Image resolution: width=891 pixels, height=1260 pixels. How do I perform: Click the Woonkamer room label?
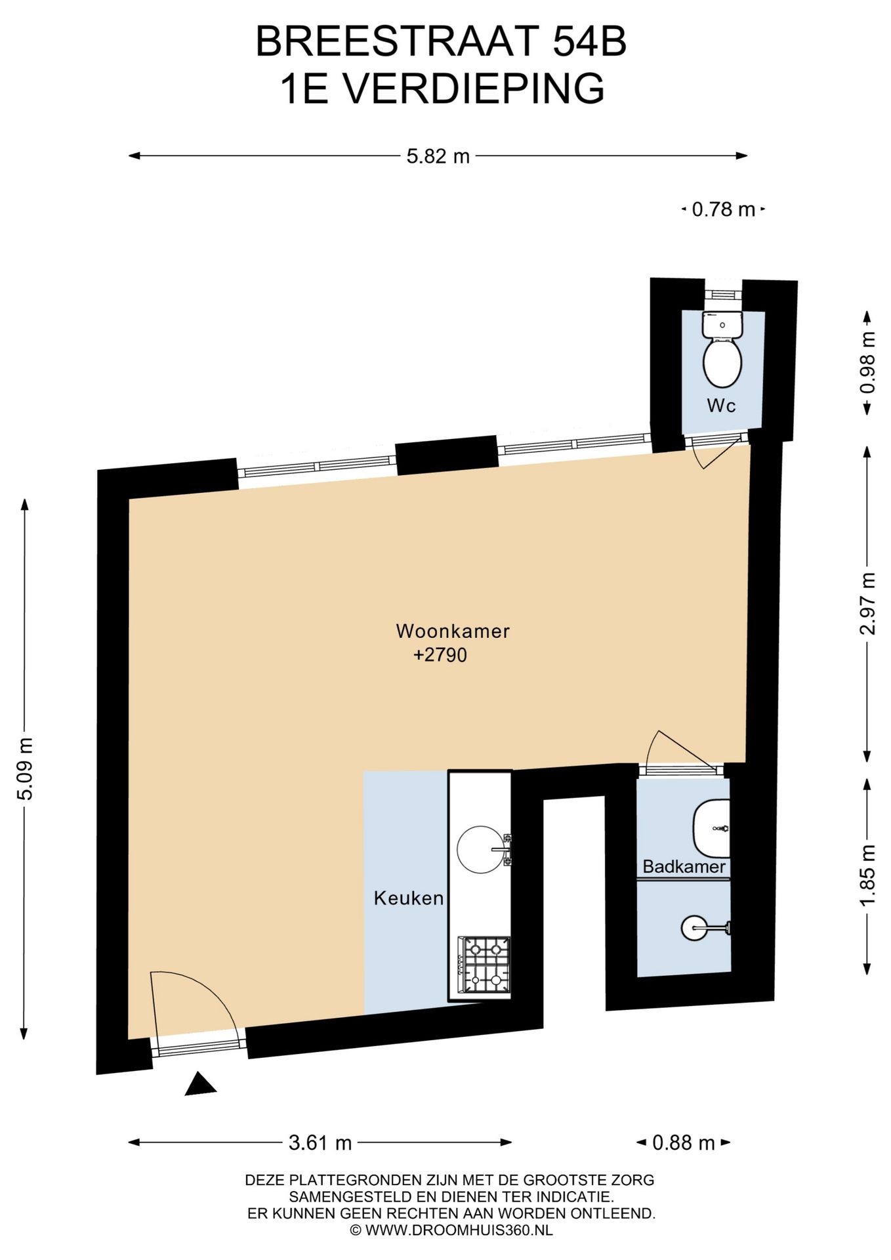(453, 631)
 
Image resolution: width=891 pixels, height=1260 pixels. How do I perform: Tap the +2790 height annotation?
(440, 656)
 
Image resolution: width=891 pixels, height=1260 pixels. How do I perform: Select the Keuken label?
(409, 898)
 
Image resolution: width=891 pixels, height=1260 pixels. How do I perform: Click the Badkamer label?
(684, 867)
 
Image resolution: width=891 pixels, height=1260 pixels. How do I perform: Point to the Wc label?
(721, 406)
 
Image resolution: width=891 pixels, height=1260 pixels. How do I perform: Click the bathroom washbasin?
(712, 828)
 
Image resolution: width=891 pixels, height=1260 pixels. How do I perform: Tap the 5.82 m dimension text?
(438, 156)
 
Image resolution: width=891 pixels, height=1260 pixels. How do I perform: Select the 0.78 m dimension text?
(724, 210)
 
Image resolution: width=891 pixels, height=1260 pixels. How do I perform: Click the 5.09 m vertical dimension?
(25, 768)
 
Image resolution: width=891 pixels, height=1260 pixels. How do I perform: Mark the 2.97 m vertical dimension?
(867, 603)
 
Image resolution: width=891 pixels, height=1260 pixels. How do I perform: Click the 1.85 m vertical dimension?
(867, 875)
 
